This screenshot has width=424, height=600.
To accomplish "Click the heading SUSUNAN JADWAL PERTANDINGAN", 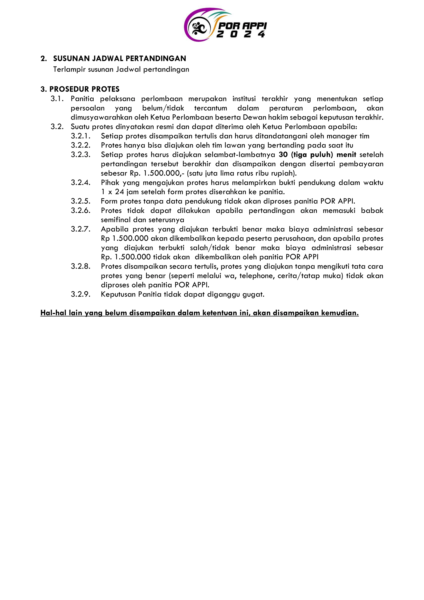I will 119,58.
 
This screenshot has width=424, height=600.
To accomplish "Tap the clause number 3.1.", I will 57,99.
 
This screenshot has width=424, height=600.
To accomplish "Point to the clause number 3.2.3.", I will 81,155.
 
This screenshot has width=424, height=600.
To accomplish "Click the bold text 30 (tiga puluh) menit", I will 317,155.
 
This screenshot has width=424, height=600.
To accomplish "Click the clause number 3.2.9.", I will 81,294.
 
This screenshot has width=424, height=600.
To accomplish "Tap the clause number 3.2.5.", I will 81,201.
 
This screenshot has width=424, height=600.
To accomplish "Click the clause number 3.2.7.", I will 81,229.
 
